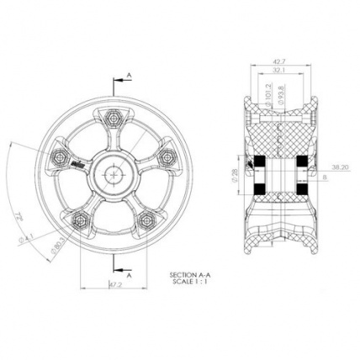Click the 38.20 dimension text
click(341, 167)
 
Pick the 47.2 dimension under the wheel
click(116, 285)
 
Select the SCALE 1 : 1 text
click(186, 282)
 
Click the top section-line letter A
click(129, 77)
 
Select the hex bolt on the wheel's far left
click(61, 156)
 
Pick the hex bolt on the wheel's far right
click(166, 156)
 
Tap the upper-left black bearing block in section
click(259, 161)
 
